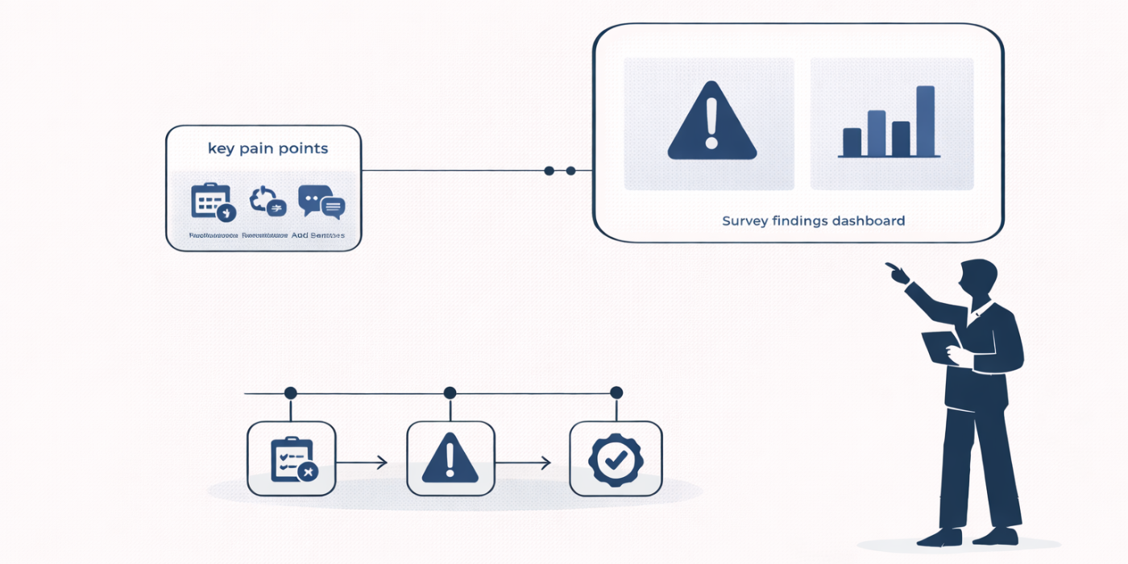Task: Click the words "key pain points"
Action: point(267,149)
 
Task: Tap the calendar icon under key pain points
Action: point(211,201)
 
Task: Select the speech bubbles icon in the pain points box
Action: point(321,202)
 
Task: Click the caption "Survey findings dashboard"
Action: point(813,221)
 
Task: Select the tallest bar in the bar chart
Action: point(926,121)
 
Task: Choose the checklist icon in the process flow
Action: point(292,459)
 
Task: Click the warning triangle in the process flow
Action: point(450,458)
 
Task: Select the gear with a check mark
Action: point(616,458)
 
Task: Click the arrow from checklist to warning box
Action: point(362,463)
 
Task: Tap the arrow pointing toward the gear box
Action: point(523,463)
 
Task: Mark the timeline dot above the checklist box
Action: point(290,393)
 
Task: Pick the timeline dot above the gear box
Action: point(616,393)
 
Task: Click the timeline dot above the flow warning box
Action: point(450,393)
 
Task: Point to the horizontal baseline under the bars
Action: point(890,156)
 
